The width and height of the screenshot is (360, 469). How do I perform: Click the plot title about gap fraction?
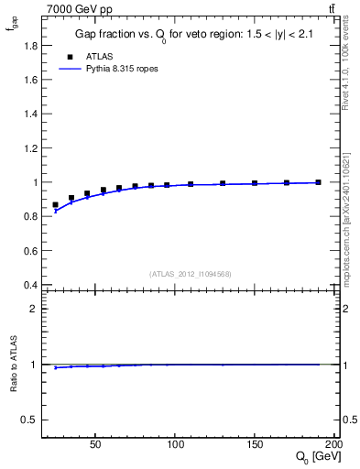coord(189,36)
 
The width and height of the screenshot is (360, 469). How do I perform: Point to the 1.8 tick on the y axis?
coord(32,44)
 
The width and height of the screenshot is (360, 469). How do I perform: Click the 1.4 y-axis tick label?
coord(32,113)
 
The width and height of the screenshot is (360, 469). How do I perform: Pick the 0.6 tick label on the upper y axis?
coord(32,251)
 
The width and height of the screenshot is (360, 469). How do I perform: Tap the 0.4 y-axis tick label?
coord(32,285)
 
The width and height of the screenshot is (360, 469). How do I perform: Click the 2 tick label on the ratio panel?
coord(36,309)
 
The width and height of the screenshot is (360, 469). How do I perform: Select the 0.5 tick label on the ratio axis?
coord(32,420)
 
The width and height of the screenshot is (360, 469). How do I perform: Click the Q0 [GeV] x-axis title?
coord(316,457)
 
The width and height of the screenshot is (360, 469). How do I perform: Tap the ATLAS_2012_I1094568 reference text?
coord(191,273)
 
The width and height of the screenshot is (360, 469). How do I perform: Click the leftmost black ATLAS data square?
coord(55,205)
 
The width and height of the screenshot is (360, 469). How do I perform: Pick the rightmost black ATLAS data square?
coord(319,182)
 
